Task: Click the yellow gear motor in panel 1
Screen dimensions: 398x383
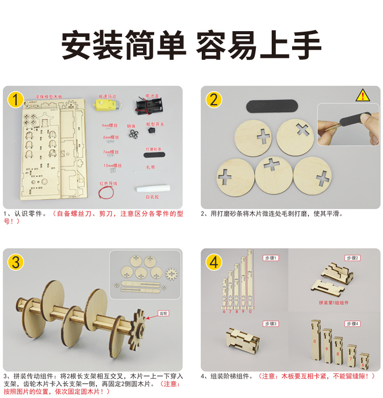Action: point(109,106)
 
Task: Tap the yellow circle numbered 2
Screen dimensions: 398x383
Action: point(213,99)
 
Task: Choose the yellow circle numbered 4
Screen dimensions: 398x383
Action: point(213,262)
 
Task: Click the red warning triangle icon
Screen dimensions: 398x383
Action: point(362,95)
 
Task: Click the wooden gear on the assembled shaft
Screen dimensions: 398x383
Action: point(141,325)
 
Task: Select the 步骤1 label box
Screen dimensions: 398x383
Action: point(270,258)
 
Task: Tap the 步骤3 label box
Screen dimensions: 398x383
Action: point(270,324)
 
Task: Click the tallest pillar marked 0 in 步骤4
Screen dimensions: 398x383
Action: point(315,340)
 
